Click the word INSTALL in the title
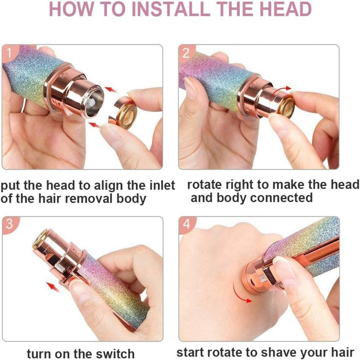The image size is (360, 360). point(172,9)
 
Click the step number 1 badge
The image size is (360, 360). point(9,53)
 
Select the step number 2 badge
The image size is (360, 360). point(186,53)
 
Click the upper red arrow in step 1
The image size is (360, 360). point(110,90)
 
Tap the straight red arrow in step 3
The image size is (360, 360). point(53,287)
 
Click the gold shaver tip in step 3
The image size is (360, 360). point(40,239)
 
